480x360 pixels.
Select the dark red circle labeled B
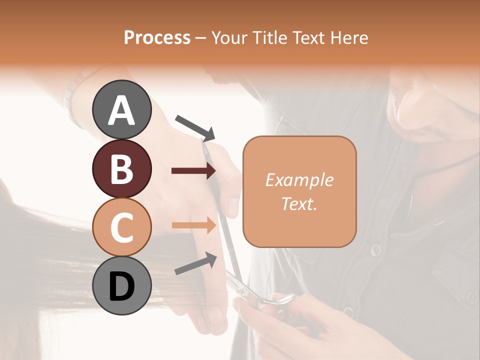coord(121,169)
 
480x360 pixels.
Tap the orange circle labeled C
coord(121,227)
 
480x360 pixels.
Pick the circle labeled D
coord(121,286)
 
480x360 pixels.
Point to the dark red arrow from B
coord(193,171)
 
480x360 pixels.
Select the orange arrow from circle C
coord(193,225)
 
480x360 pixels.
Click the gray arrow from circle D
coord(195,263)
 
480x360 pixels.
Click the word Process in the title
coord(157,37)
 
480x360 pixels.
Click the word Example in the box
coord(299,180)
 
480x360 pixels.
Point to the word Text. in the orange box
coord(299,203)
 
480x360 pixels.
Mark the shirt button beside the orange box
coord(376,250)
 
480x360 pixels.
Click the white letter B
coord(121,169)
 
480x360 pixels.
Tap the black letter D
coord(121,286)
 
